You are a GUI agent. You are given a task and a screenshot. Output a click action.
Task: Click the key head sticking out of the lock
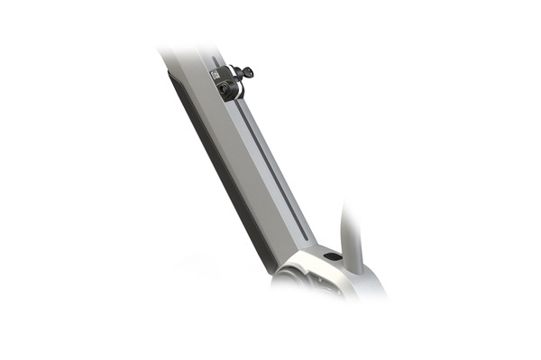pos(246,71)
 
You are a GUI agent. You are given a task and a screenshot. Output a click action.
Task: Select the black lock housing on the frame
pos(225,83)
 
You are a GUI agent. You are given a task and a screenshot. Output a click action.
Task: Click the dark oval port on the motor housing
pos(333,257)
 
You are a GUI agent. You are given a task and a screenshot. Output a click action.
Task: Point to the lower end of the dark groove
pos(305,238)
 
